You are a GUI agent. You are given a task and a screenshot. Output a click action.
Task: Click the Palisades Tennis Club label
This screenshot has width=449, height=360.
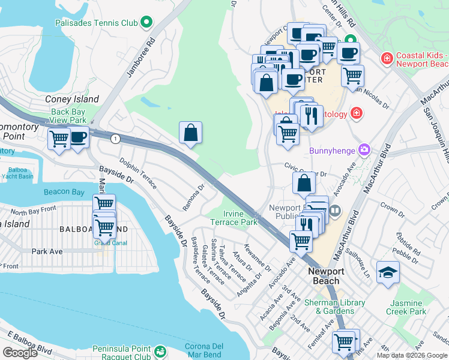96,23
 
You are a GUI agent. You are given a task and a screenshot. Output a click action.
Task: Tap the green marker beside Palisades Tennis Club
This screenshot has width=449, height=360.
146,23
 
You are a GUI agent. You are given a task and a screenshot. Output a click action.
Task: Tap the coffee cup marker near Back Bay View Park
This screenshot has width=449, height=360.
77,137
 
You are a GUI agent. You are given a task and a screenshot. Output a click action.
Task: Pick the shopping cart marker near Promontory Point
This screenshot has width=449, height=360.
59,139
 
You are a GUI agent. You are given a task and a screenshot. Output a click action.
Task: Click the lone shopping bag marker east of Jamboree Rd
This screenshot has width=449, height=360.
190,133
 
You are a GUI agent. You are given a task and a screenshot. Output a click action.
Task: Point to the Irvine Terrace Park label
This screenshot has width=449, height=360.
233,218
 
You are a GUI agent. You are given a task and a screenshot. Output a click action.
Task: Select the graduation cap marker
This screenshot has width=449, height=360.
388,272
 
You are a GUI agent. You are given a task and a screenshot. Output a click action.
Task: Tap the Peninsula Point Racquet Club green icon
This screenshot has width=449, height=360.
160,352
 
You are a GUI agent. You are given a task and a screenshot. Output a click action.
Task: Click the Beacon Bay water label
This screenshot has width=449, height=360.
65,193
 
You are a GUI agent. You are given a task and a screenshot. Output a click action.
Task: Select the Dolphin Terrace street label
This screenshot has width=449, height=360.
137,173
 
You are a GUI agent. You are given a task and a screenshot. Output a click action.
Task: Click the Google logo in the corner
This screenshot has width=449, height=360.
20,352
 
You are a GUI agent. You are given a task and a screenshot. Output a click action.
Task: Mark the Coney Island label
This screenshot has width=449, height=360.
72,100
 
